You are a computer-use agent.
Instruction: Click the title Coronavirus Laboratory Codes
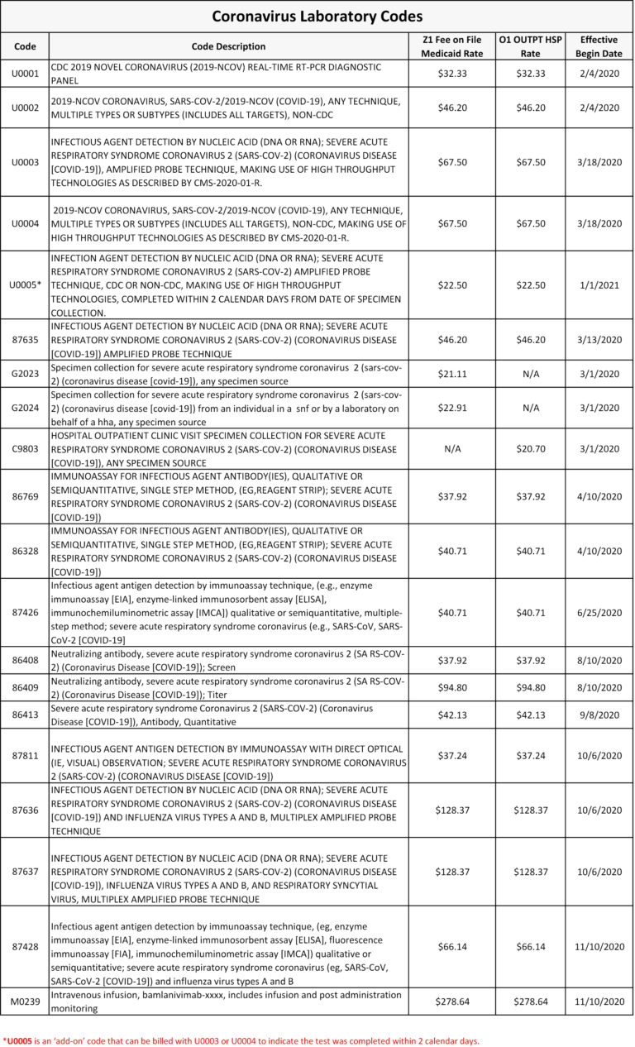pyautogui.click(x=317, y=17)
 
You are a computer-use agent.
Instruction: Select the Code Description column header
pyautogui.click(x=228, y=46)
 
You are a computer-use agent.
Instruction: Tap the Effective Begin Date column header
pyautogui.click(x=599, y=46)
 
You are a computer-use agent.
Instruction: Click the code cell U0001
pyautogui.click(x=25, y=74)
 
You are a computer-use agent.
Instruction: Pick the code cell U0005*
pyautogui.click(x=25, y=284)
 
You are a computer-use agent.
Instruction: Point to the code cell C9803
pyautogui.click(x=25, y=448)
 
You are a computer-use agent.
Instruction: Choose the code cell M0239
pyautogui.click(x=25, y=1002)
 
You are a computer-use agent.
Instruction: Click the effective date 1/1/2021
pyautogui.click(x=599, y=284)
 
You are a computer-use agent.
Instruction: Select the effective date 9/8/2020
pyautogui.click(x=599, y=715)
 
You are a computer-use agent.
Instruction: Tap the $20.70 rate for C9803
pyautogui.click(x=530, y=448)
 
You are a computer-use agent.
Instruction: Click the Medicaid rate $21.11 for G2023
pyautogui.click(x=451, y=374)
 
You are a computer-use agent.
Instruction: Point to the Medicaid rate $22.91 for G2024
pyautogui.click(x=451, y=409)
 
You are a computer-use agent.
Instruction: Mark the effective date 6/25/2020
pyautogui.click(x=599, y=613)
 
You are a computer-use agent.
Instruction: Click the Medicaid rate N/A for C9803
pyautogui.click(x=451, y=448)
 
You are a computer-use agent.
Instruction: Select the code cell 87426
pyautogui.click(x=25, y=613)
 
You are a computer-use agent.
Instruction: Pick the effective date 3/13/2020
pyautogui.click(x=599, y=339)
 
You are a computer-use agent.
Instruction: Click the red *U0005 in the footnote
pyautogui.click(x=20, y=1041)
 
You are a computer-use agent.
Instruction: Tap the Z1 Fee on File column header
pyautogui.click(x=451, y=46)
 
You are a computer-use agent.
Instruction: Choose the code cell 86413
pyautogui.click(x=25, y=715)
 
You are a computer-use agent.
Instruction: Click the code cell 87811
pyautogui.click(x=25, y=755)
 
